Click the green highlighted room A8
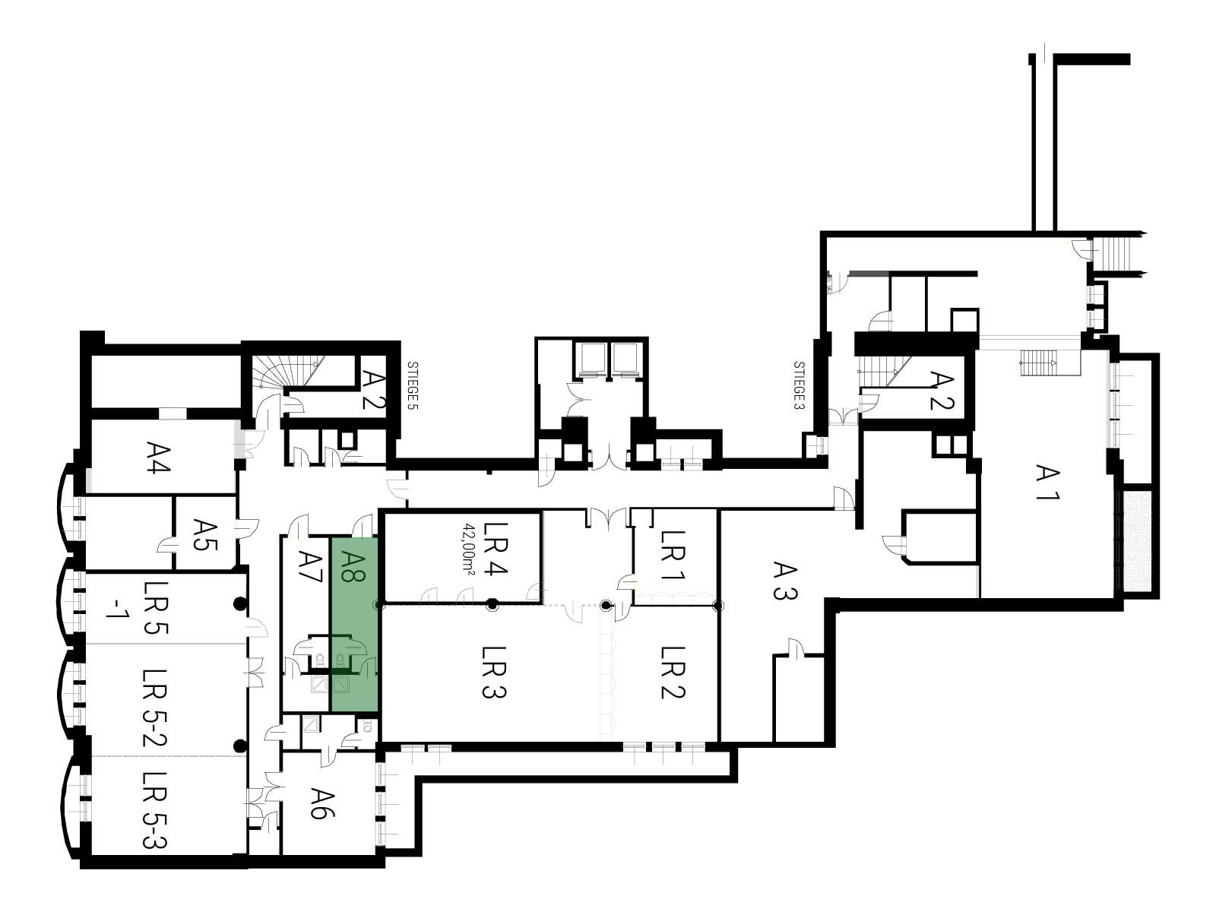(355, 625)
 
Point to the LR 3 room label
(495, 673)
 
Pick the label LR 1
(673, 556)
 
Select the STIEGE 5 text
(412, 385)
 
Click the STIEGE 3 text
(799, 385)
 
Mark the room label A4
(158, 457)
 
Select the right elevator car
(625, 358)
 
